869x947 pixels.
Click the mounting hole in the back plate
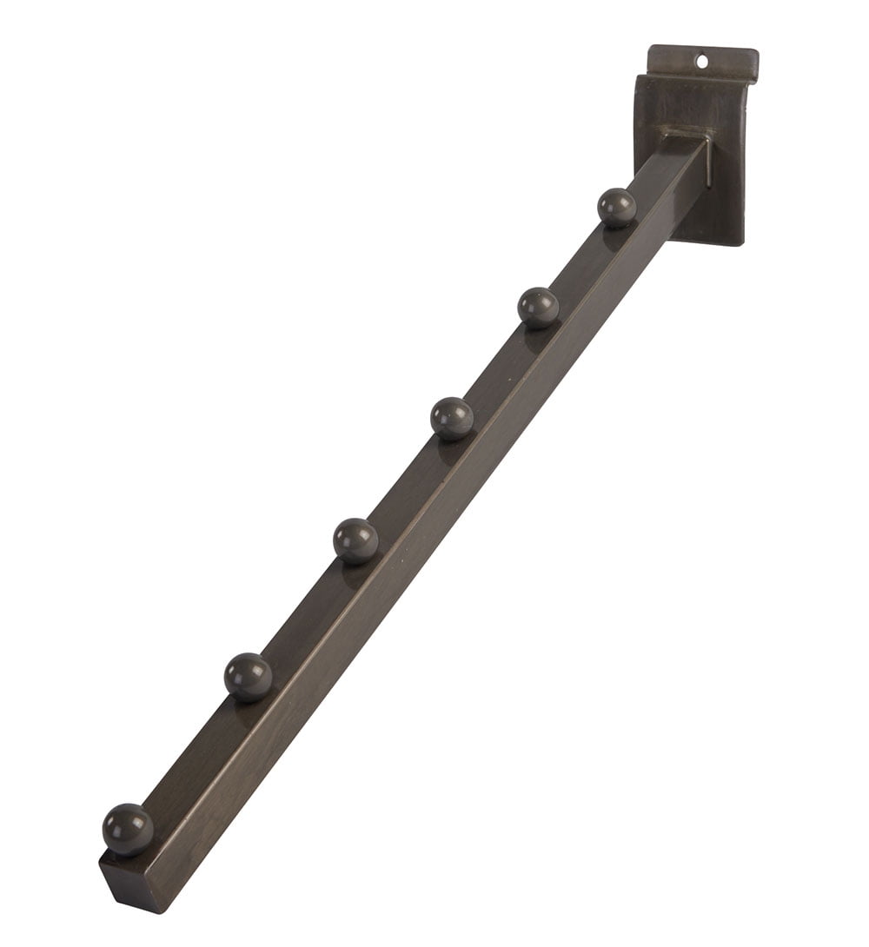click(702, 62)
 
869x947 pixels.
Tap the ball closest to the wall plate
click(617, 208)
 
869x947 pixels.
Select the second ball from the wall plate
click(538, 307)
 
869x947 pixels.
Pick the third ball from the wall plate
click(452, 417)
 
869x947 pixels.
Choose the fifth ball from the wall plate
click(249, 675)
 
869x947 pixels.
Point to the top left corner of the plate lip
click(652, 45)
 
